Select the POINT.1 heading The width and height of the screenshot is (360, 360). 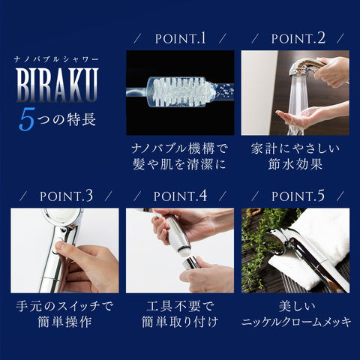point(179,38)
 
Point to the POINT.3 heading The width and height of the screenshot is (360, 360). point(64,196)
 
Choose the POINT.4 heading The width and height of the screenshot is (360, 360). point(179,196)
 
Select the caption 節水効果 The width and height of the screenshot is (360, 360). point(295,163)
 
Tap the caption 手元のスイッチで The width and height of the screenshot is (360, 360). point(64,305)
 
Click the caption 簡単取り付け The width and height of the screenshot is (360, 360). point(179,323)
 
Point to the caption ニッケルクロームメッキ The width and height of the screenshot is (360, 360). point(295,323)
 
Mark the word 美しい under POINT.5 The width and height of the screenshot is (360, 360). point(295,305)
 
